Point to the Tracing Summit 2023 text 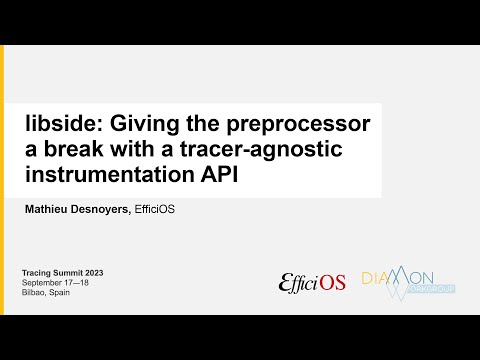point(63,273)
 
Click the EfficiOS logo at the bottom point(312,282)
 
